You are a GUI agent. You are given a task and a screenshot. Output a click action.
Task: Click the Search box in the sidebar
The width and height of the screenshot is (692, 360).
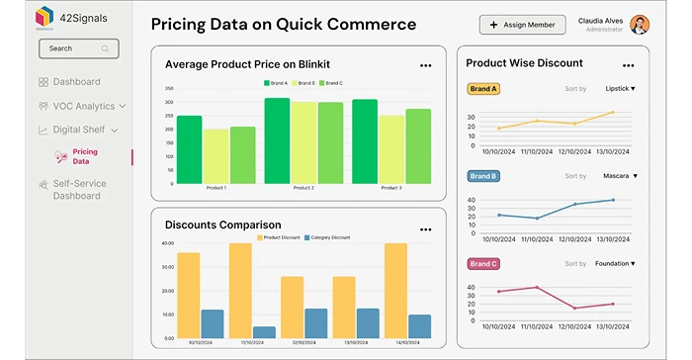[78, 48]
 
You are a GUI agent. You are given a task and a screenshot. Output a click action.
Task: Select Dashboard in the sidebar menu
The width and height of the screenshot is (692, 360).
[75, 82]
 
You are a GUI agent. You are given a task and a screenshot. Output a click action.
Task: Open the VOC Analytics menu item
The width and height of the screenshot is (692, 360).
[83, 106]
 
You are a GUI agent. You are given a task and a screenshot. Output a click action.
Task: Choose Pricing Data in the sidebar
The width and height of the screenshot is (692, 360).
[85, 156]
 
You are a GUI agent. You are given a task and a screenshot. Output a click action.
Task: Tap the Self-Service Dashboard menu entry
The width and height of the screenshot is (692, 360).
[79, 190]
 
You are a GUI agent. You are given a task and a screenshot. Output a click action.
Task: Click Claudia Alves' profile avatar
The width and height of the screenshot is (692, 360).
[640, 25]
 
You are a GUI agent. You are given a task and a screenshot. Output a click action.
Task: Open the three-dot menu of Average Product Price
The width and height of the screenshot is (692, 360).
[425, 65]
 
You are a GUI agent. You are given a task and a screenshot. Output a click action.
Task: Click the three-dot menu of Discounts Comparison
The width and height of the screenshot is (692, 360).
[425, 226]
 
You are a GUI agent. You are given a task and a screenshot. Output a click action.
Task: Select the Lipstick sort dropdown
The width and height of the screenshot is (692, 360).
[620, 89]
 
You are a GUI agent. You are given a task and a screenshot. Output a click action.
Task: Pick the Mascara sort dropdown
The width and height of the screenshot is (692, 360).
[620, 176]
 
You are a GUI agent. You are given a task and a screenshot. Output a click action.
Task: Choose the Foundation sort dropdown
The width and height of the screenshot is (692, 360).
[615, 264]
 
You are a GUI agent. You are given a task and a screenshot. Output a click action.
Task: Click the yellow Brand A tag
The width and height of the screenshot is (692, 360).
[482, 89]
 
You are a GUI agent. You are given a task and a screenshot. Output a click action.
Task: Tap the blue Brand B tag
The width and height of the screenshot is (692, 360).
[482, 176]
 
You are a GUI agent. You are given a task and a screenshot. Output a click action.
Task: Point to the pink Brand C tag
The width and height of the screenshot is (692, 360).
[482, 264]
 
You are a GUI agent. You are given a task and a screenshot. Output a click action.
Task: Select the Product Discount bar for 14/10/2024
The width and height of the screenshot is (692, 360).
[395, 292]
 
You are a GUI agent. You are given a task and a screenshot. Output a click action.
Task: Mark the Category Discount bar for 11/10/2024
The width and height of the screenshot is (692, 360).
[264, 333]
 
